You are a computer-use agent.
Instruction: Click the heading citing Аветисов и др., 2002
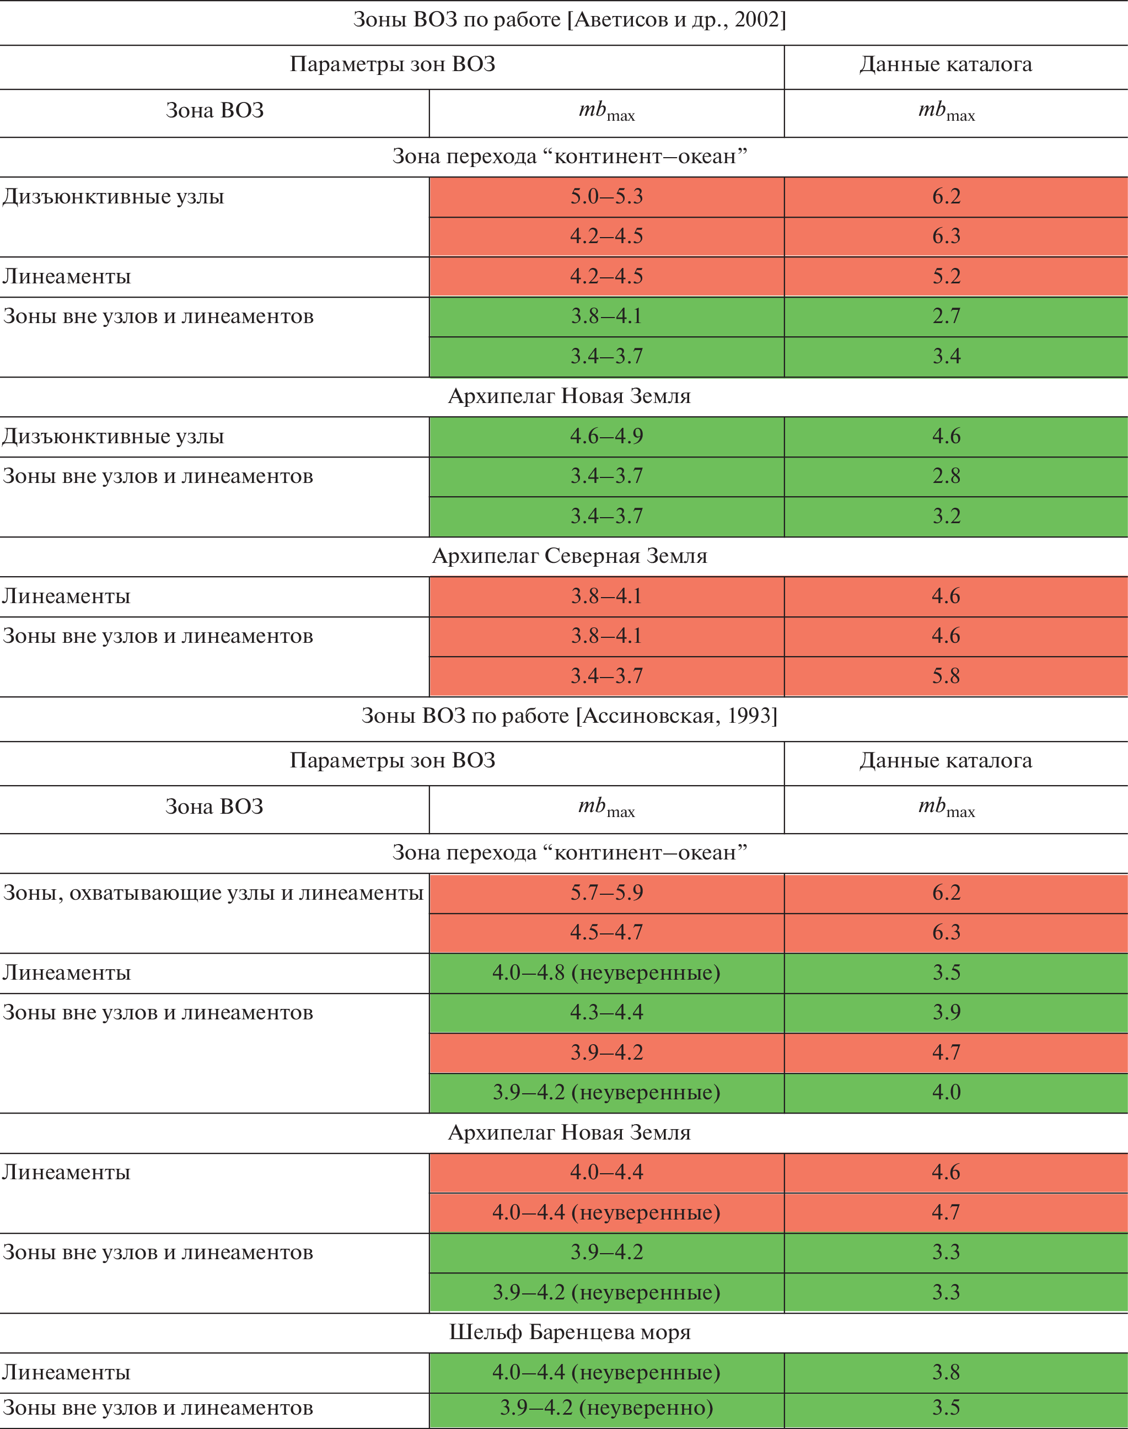pos(570,20)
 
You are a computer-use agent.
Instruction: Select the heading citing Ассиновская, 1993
pos(570,716)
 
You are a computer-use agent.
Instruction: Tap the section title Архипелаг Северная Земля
pos(570,556)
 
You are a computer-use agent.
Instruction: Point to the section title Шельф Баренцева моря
pos(570,1332)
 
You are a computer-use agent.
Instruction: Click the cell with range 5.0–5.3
pos(606,196)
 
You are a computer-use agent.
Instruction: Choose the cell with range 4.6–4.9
pos(606,436)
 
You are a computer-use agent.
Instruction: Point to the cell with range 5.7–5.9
pos(606,893)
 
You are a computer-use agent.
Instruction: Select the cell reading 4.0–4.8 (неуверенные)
pos(606,973)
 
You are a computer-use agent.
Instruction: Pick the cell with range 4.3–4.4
pos(606,1012)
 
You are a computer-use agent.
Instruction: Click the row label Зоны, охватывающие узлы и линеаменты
pos(213,893)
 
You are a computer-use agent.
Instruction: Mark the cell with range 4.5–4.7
pos(606,932)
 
